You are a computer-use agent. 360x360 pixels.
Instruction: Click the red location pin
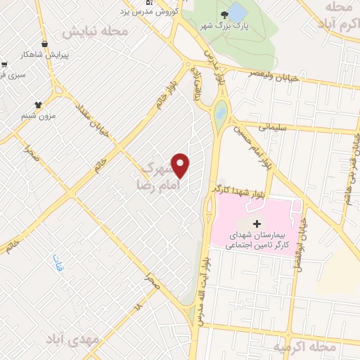(x=181, y=164)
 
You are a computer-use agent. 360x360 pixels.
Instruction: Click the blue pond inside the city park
(x=238, y=12)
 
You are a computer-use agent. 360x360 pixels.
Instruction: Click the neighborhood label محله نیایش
(x=95, y=32)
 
